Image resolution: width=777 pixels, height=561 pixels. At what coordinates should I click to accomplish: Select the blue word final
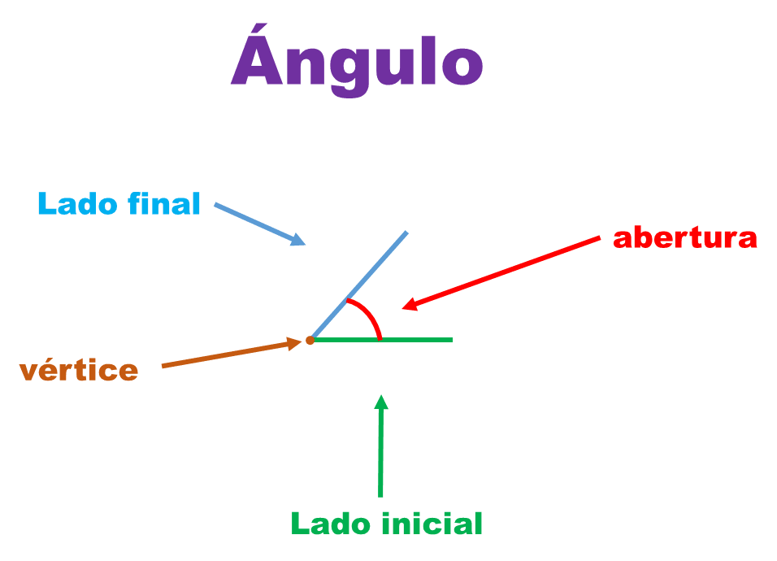tap(161, 203)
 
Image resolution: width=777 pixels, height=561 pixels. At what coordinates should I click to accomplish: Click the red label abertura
tap(685, 238)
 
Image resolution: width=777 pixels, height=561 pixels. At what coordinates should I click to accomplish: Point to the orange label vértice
tap(79, 371)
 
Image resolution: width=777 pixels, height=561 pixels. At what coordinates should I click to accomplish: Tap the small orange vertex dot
tap(310, 341)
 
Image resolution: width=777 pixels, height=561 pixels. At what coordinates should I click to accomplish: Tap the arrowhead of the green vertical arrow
tap(380, 402)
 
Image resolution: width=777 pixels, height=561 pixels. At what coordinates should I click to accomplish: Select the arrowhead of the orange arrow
tap(294, 343)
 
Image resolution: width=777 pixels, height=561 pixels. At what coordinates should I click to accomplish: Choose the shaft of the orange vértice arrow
tap(228, 354)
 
